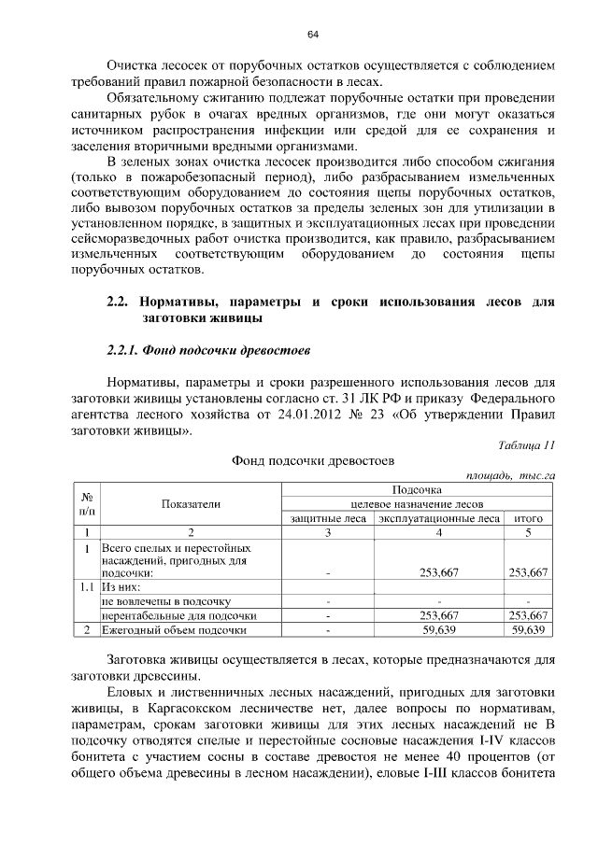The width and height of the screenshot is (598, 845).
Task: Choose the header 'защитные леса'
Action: point(327,517)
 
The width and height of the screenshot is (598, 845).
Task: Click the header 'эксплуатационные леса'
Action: point(439,517)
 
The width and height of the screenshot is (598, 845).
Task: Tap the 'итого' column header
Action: point(529,517)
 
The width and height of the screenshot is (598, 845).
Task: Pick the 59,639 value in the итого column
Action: point(529,630)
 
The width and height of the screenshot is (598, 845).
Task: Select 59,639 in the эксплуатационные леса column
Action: point(439,630)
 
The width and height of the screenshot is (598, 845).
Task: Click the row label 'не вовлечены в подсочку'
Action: point(165,601)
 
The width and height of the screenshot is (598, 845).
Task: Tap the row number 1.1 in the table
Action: point(86,587)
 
